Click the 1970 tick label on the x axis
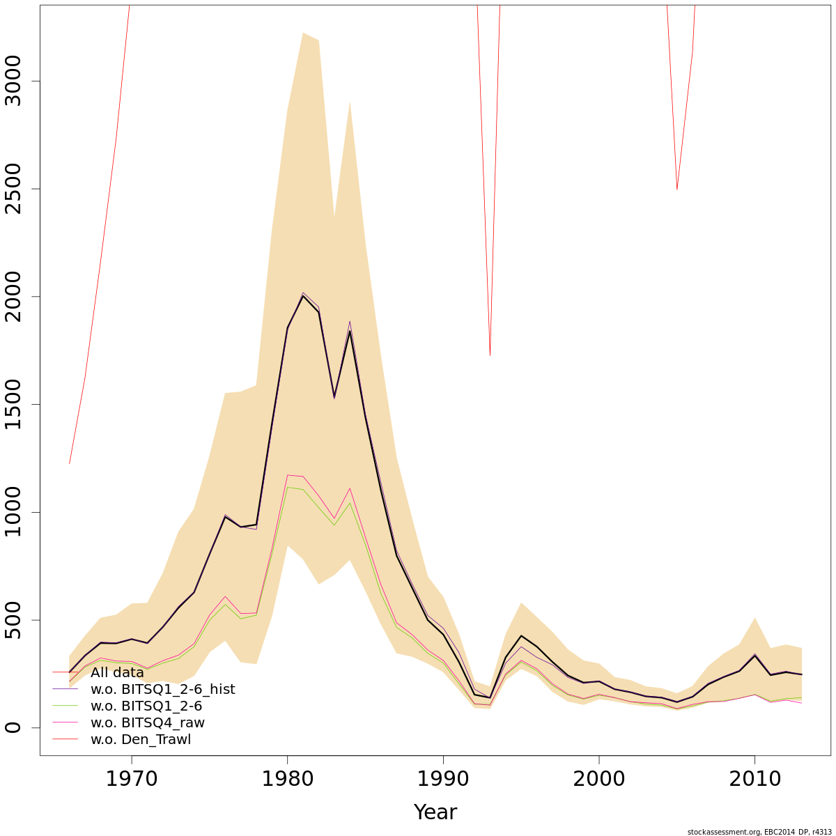coord(132,778)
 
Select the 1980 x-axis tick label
coord(287,778)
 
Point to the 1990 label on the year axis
coord(443,778)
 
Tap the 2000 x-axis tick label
coord(598,778)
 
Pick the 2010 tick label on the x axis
coord(754,778)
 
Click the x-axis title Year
coord(435,812)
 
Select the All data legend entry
coord(117,673)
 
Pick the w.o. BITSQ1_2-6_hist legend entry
coord(162,690)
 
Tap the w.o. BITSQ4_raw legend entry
coord(147,723)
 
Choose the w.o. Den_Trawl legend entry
coord(140,740)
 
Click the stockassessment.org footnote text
coord(759,832)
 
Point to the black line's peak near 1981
coord(303,296)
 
